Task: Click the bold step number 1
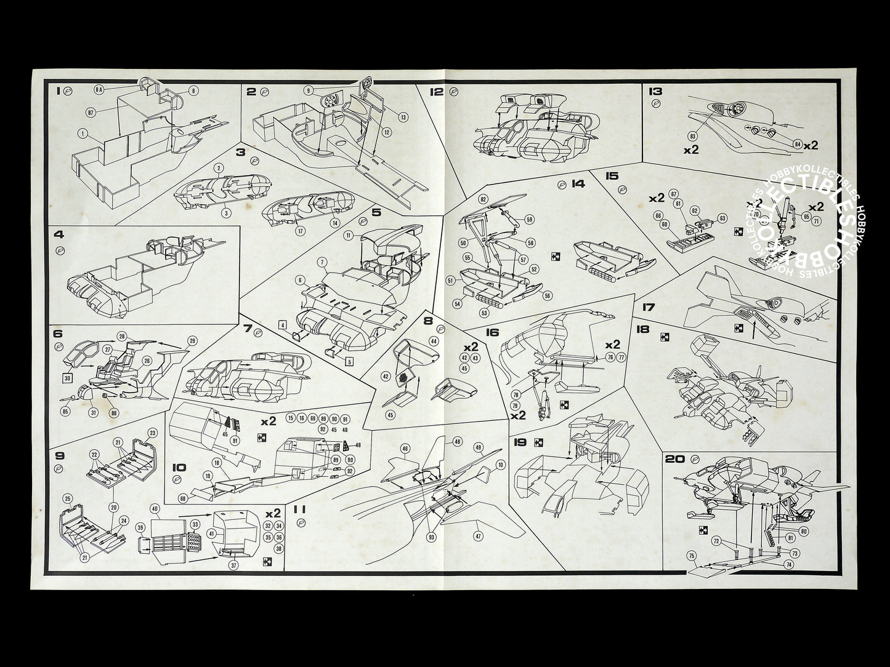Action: [x=58, y=91]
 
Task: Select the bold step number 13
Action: [x=655, y=91]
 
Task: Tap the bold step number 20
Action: [x=674, y=459]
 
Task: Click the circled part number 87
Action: [x=91, y=112]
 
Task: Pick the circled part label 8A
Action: [x=99, y=90]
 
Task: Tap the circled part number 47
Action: [x=478, y=536]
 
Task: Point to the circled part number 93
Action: [x=431, y=537]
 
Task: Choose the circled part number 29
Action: [x=192, y=341]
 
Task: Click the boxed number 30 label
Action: [x=67, y=377]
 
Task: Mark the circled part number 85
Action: [x=66, y=410]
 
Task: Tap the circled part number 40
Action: [x=155, y=508]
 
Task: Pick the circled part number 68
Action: [x=182, y=498]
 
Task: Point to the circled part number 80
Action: [x=803, y=530]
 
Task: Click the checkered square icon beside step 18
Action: [x=665, y=337]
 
